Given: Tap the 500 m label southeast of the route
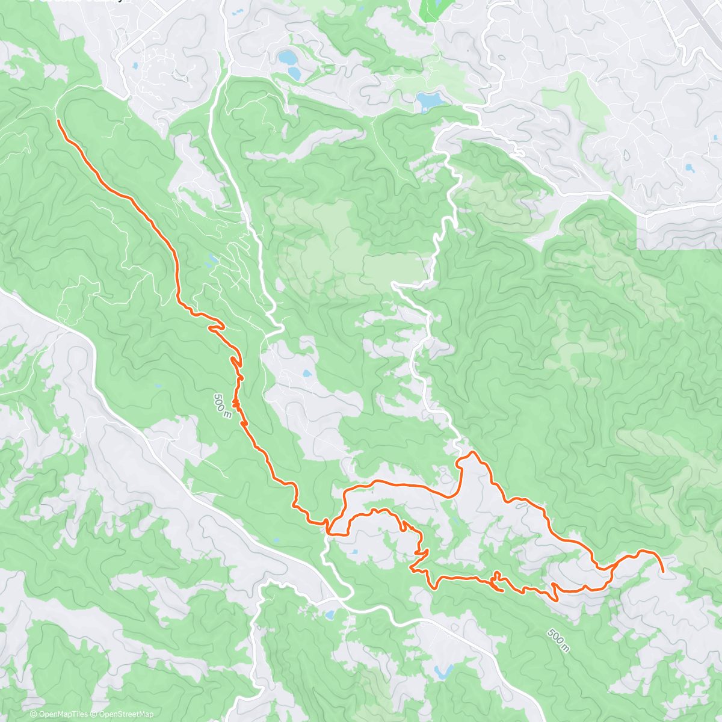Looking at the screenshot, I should click(x=558, y=640).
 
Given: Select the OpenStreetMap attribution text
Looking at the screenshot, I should click(x=124, y=714).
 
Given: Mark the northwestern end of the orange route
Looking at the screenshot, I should click(x=58, y=121).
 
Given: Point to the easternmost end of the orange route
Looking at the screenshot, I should click(x=663, y=571).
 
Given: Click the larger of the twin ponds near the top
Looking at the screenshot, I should click(x=287, y=58).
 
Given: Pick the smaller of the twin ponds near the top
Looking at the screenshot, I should click(x=294, y=73).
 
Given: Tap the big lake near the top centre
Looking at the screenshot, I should click(x=428, y=100).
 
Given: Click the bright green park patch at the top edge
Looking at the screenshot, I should click(x=430, y=9).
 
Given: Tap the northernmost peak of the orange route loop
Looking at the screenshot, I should click(x=473, y=452).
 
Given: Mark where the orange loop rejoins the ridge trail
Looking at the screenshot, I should click(x=329, y=530).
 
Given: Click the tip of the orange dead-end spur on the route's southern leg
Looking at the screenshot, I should click(x=502, y=591).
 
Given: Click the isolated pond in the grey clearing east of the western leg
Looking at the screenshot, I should click(x=306, y=374).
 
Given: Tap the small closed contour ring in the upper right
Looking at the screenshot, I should click(x=627, y=155).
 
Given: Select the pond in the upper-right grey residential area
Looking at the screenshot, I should click(x=688, y=168).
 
